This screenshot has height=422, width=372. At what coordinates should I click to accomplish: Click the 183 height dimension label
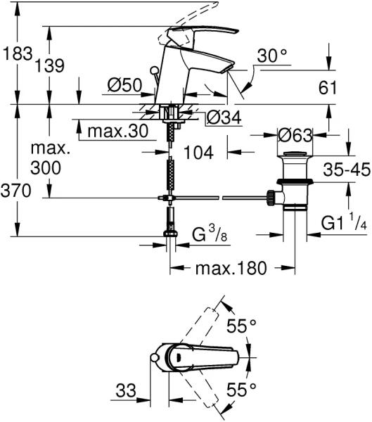pyautogui.click(x=18, y=53)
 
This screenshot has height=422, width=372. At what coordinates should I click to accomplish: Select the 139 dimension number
pyautogui.click(x=50, y=66)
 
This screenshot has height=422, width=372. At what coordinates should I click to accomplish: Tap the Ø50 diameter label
pyautogui.click(x=124, y=85)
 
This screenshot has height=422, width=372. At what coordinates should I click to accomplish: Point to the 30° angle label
pyautogui.click(x=272, y=56)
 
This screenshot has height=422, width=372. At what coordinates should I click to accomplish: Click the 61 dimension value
pyautogui.click(x=328, y=87)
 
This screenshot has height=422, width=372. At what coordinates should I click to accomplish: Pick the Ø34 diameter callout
pyautogui.click(x=224, y=117)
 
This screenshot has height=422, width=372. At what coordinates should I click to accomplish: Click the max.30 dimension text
pyautogui.click(x=118, y=132)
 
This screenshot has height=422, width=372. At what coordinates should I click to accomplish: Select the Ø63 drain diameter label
pyautogui.click(x=295, y=135)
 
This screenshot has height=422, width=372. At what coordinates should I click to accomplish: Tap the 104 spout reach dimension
pyautogui.click(x=198, y=153)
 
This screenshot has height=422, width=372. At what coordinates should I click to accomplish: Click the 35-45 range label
pyautogui.click(x=347, y=170)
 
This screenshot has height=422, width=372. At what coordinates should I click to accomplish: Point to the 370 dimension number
pyautogui.click(x=16, y=191)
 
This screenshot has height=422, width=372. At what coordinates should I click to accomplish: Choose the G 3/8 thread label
pyautogui.click(x=210, y=233)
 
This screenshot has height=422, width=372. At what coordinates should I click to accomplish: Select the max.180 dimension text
pyautogui.click(x=231, y=268)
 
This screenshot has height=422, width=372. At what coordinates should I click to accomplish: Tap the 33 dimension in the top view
pyautogui.click(x=126, y=390)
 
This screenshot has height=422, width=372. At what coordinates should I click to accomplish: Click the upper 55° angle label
pyautogui.click(x=241, y=326)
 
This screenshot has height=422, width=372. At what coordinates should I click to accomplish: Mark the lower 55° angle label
pyautogui.click(x=241, y=390)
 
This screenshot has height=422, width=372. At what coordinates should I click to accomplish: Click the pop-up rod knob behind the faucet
pyautogui.click(x=155, y=70)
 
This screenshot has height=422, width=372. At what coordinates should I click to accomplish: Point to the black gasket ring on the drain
pyautogui.click(x=295, y=181)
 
